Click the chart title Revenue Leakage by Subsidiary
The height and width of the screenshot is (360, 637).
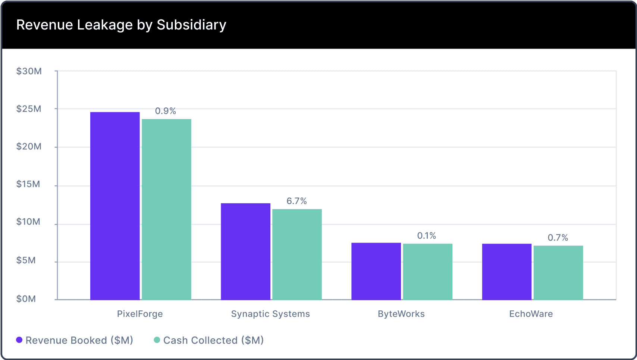click(121, 25)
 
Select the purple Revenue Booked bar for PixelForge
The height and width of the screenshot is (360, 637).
click(115, 206)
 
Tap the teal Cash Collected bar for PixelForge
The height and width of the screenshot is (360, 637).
click(166, 209)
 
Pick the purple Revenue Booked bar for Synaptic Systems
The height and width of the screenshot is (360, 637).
click(245, 251)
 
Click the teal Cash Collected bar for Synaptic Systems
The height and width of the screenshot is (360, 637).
click(297, 254)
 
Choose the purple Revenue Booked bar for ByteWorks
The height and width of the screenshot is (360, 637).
click(376, 271)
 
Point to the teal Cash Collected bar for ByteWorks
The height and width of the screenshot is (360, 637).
click(427, 272)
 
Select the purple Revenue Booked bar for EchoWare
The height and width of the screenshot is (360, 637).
click(506, 272)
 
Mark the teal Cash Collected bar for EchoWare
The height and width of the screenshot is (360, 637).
click(558, 273)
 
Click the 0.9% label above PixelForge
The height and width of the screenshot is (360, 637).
click(166, 111)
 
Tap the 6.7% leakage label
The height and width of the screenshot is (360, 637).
click(296, 201)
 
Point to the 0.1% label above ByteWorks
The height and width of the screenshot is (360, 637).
click(427, 236)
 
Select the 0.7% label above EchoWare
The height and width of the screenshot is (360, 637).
click(558, 238)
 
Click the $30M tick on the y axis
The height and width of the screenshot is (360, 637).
click(29, 71)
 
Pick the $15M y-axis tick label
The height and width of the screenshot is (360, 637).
click(28, 184)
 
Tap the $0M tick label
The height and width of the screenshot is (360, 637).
click(26, 299)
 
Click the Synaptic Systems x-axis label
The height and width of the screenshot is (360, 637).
click(270, 314)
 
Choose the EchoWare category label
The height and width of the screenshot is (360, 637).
click(531, 314)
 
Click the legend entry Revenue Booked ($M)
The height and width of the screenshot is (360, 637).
click(75, 340)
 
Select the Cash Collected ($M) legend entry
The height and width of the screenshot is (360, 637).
click(209, 340)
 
